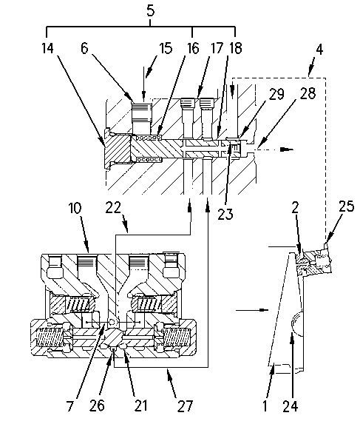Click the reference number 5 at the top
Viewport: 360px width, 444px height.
tap(151, 11)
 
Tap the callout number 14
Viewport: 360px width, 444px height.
tap(47, 48)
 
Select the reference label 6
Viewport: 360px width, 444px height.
tap(84, 48)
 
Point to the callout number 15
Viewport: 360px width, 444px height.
tap(166, 48)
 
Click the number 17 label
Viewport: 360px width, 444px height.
tap(217, 48)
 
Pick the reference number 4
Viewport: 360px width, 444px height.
tap(319, 50)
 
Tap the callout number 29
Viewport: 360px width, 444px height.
tap(276, 94)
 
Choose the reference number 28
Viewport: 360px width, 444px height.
tap(308, 93)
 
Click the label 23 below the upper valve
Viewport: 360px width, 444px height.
tap(225, 214)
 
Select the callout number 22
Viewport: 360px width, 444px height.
tap(113, 208)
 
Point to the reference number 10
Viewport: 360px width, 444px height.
tap(75, 209)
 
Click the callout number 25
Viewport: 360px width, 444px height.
tap(347, 206)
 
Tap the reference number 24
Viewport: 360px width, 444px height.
tap(291, 406)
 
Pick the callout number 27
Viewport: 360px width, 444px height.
tap(186, 406)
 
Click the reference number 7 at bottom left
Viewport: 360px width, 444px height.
tap(69, 406)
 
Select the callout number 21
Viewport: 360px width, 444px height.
tap(140, 406)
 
